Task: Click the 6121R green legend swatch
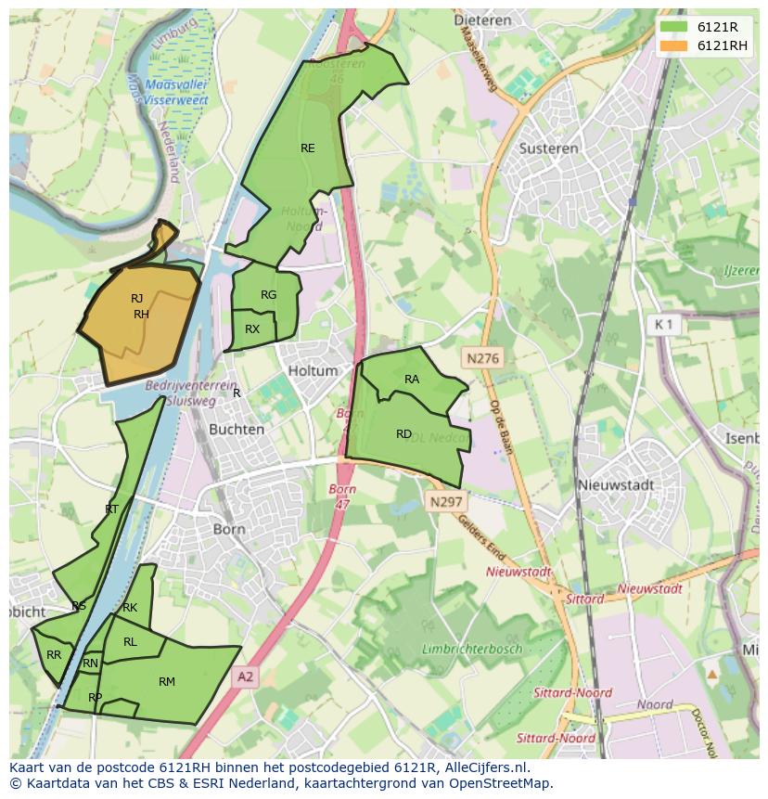pos(674,27)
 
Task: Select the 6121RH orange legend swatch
pos(674,45)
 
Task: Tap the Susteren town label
pos(548,148)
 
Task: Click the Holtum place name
pos(314,370)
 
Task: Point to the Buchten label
pos(237,430)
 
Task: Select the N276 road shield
pos(482,356)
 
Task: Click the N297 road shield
pos(445,500)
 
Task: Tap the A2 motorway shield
pos(245,677)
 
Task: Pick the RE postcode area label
pos(307,148)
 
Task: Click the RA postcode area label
pos(412,379)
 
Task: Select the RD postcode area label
pos(403,433)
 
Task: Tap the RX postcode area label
pos(252,329)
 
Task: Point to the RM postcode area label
pos(167,682)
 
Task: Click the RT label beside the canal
pos(111,509)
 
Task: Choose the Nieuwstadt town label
pos(616,484)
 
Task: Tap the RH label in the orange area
pos(141,315)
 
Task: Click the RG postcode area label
pos(268,295)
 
